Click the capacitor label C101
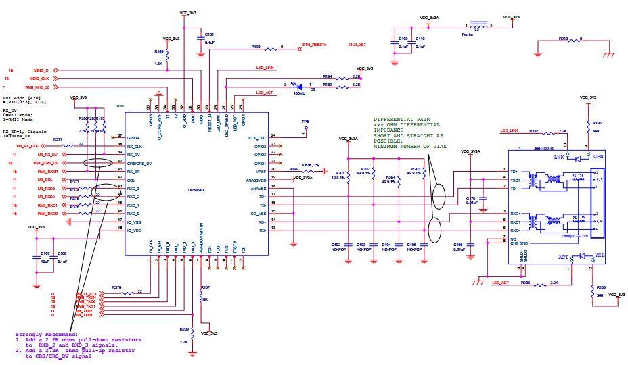tap(209, 34)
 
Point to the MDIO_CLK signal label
tap(45, 78)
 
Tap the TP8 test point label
tap(305, 122)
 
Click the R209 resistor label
tap(184, 329)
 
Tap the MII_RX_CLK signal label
tap(28, 146)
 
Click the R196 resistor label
tap(597, 122)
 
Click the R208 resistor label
tap(601, 287)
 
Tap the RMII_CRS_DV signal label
tap(49, 163)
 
